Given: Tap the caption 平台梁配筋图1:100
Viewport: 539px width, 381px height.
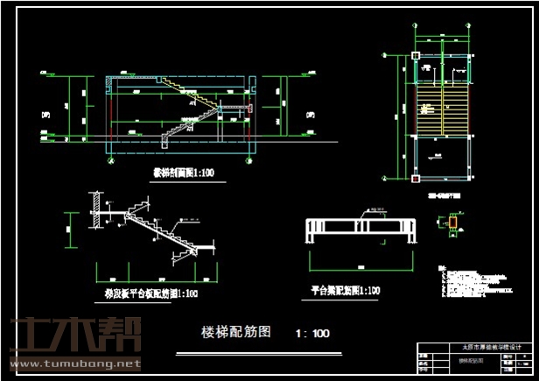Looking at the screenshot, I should pyautogui.click(x=346, y=289).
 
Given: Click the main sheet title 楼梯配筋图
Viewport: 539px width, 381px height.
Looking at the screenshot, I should pyautogui.click(x=236, y=332).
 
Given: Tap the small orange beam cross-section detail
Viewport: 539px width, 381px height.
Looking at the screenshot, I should pyautogui.click(x=452, y=226).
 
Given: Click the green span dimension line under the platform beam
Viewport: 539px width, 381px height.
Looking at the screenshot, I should pyautogui.click(x=359, y=259).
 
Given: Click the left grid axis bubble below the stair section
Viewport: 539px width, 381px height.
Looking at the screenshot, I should pyautogui.click(x=108, y=160).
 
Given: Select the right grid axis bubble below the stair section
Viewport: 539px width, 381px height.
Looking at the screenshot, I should pyautogui.click(x=253, y=160).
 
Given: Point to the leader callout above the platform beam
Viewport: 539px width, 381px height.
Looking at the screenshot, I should pyautogui.click(x=374, y=211).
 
